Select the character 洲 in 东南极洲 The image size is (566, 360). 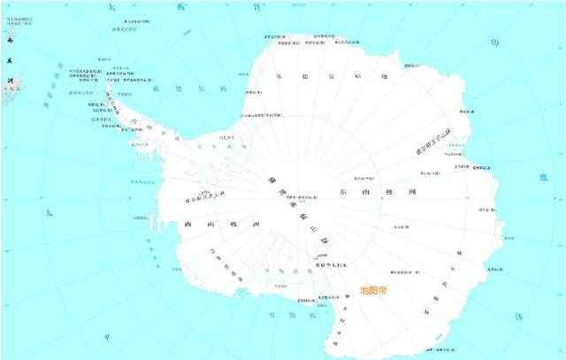[412, 192]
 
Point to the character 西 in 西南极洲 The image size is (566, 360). [188, 225]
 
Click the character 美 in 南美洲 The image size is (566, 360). [10, 60]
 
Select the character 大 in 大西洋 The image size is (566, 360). [110, 8]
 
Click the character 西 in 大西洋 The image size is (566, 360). [181, 7]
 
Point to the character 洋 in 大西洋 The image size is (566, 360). [256, 6]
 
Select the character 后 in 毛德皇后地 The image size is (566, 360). [359, 77]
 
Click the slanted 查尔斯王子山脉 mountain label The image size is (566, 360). [434, 142]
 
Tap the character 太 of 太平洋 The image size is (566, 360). [49, 212]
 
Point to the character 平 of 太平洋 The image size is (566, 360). [107, 337]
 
